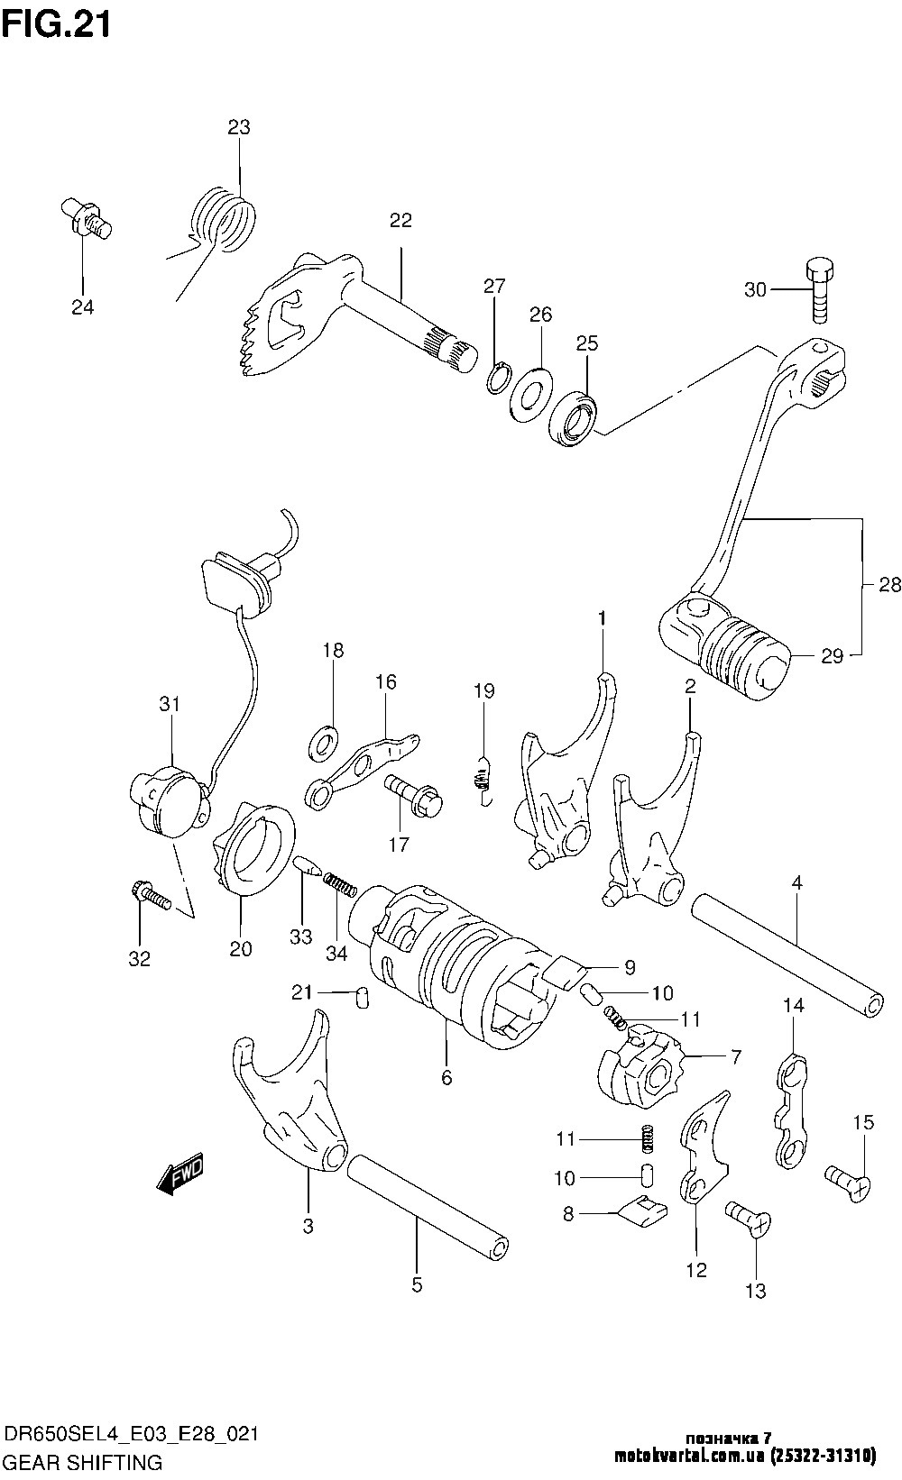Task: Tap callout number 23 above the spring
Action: click(238, 127)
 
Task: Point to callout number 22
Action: click(400, 221)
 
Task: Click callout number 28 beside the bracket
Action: click(888, 585)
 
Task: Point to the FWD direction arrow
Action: click(181, 1174)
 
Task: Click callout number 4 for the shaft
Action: click(796, 884)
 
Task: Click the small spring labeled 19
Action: click(484, 779)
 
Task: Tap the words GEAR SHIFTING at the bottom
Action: click(83, 1460)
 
